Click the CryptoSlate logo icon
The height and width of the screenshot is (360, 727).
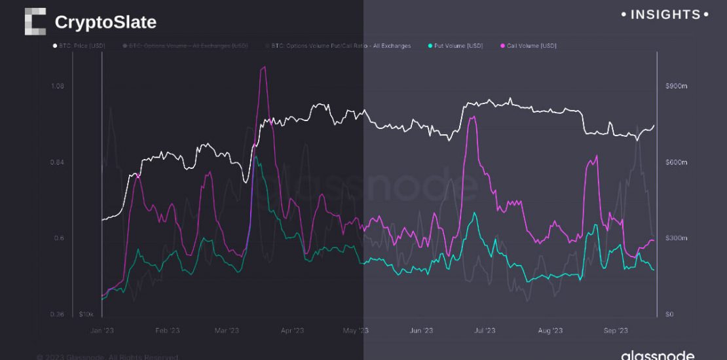click(35, 22)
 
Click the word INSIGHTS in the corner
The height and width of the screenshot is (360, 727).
click(665, 14)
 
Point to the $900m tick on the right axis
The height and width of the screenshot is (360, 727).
click(675, 86)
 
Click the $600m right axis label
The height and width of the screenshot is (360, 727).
click(675, 162)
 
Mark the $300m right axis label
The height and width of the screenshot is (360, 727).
click(675, 238)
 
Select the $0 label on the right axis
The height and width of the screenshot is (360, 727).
click(669, 315)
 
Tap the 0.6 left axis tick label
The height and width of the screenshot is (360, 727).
click(59, 238)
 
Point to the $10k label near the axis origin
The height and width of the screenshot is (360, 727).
click(86, 315)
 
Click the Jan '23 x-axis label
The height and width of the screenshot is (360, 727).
click(102, 331)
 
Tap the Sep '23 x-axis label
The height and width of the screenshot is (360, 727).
click(616, 331)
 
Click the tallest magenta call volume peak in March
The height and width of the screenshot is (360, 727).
click(263, 67)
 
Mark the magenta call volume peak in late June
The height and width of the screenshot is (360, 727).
click(472, 118)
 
